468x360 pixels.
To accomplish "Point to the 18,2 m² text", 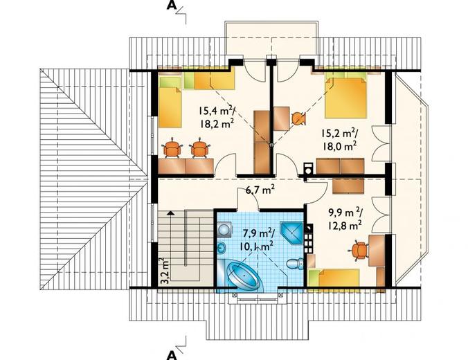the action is pyautogui.click(x=217, y=123).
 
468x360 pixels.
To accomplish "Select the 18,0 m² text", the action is pyautogui.click(x=339, y=146).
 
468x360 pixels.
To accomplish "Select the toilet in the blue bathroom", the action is pyautogui.click(x=294, y=263).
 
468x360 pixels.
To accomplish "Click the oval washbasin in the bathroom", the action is pyautogui.click(x=222, y=247).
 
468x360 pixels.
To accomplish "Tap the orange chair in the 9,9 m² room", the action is pyautogui.click(x=359, y=251).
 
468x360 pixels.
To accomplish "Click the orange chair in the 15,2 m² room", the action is pyautogui.click(x=298, y=118).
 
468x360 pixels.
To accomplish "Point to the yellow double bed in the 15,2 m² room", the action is pyautogui.click(x=346, y=98).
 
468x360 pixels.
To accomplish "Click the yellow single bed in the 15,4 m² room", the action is pyautogui.click(x=170, y=102).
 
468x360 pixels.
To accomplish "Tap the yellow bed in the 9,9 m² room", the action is pyautogui.click(x=334, y=278).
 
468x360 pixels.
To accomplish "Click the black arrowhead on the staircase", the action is pyautogui.click(x=170, y=213).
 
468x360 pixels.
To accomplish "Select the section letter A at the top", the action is pyautogui.click(x=171, y=5).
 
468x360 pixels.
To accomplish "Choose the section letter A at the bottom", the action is pyautogui.click(x=171, y=355).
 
